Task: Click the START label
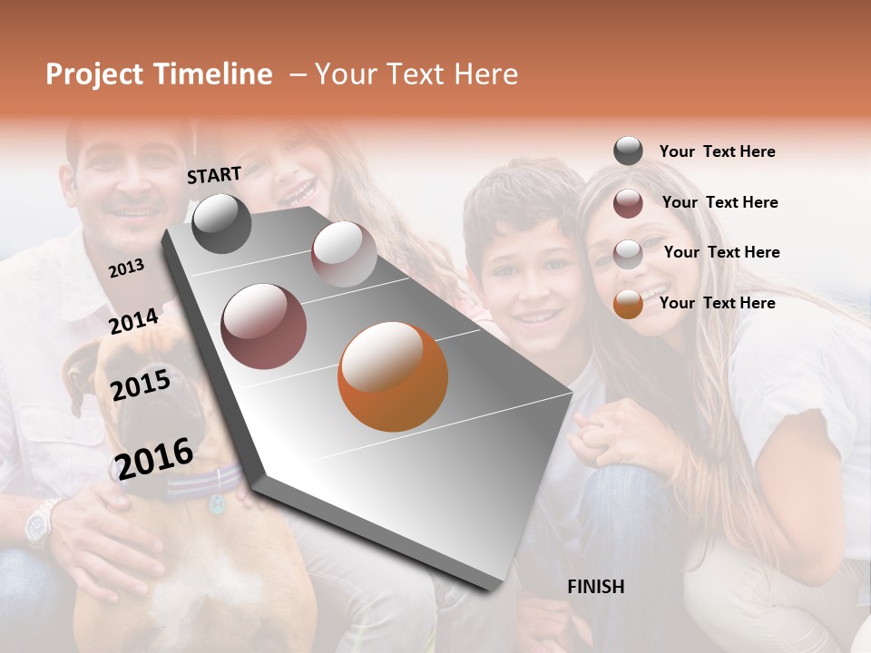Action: tap(214, 175)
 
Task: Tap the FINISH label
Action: tap(595, 587)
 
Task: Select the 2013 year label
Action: tap(126, 268)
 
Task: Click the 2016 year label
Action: tap(153, 458)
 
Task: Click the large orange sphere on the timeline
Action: tap(393, 376)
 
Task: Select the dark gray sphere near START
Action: tap(221, 223)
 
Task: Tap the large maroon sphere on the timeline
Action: tap(264, 326)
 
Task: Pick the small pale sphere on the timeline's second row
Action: tap(344, 254)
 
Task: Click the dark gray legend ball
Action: tap(628, 151)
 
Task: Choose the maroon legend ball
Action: tap(628, 203)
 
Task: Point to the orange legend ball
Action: tap(628, 304)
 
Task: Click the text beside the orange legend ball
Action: tap(717, 303)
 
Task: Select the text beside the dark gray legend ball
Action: tap(717, 151)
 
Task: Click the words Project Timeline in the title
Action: tap(159, 74)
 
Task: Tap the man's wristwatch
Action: tap(38, 523)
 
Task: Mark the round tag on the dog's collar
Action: tap(217, 503)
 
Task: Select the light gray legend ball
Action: tap(628, 254)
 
